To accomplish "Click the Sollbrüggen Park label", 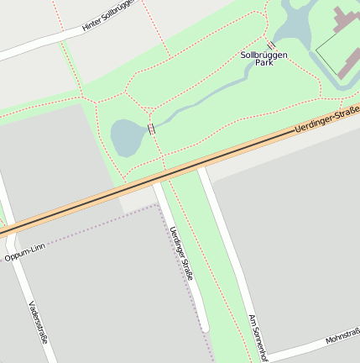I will click(263, 58).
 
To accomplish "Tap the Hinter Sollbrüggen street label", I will click(108, 18).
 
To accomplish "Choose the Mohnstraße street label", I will click(342, 339).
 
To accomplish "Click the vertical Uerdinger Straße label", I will click(181, 253).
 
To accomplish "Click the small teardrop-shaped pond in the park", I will click(126, 136).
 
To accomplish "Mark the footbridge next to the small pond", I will click(151, 129).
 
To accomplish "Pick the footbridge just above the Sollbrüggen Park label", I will click(271, 45).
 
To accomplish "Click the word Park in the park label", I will click(264, 63).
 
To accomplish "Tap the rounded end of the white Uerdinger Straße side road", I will click(204, 326).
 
